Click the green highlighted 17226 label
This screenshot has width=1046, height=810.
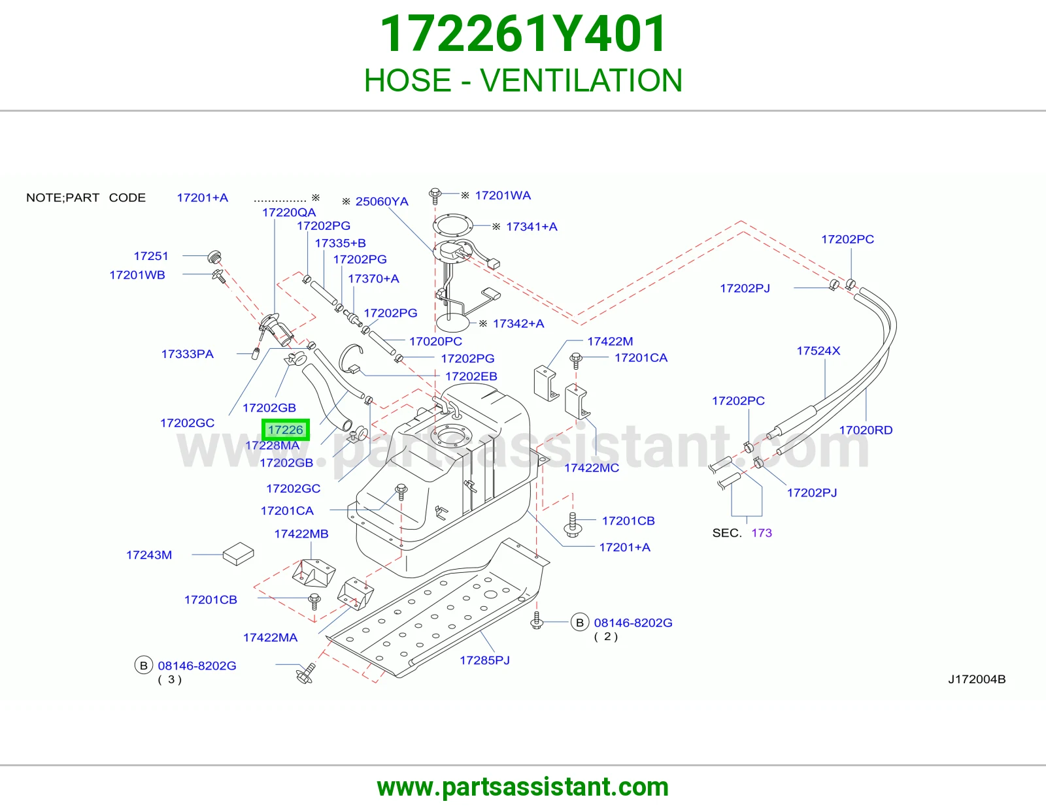click(286, 430)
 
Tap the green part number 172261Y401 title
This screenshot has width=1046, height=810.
click(523, 33)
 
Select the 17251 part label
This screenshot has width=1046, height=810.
click(151, 256)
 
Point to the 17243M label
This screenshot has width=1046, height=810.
click(149, 555)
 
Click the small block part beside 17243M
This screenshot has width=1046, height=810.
click(238, 554)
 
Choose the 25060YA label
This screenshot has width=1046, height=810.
click(382, 202)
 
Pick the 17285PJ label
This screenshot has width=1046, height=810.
click(484, 660)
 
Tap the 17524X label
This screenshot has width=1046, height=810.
click(818, 351)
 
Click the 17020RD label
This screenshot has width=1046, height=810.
click(866, 430)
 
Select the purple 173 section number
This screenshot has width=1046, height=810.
click(762, 533)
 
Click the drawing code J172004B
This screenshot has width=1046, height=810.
click(977, 679)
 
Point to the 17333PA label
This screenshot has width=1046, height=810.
click(187, 354)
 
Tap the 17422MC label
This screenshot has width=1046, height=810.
click(592, 468)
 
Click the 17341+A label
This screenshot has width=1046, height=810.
click(531, 227)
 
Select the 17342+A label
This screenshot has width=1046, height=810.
click(518, 323)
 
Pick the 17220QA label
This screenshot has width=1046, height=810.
click(289, 212)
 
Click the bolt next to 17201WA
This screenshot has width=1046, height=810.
click(435, 195)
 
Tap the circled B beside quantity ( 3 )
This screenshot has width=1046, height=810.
click(143, 665)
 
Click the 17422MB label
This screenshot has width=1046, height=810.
click(301, 534)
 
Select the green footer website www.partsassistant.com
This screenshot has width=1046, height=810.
click(523, 787)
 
